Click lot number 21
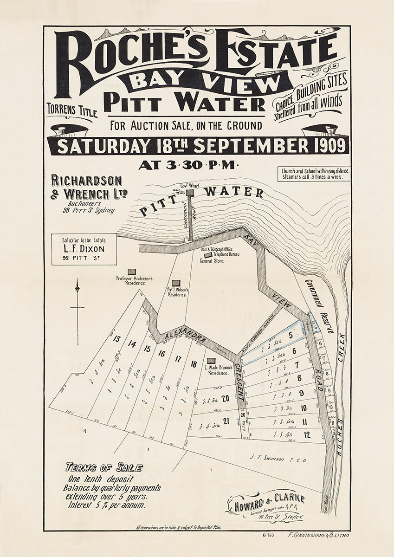click(x=226, y=421)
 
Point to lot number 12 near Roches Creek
click(x=307, y=434)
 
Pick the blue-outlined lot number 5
click(x=290, y=335)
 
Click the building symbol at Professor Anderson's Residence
click(x=132, y=272)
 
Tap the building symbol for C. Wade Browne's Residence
click(x=212, y=361)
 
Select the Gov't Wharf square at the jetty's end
click(x=190, y=193)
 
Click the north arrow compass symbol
click(x=78, y=306)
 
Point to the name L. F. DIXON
click(x=84, y=248)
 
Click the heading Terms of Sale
click(x=103, y=467)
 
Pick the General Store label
click(x=212, y=261)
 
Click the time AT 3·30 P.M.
click(x=188, y=164)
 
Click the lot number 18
click(x=194, y=364)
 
